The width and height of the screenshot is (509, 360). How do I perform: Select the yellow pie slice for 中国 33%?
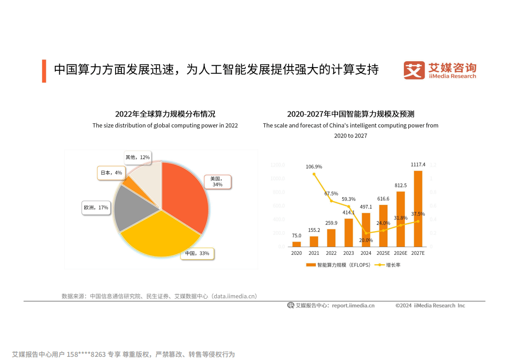click(x=159, y=236)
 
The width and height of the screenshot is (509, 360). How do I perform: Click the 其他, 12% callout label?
click(x=137, y=157)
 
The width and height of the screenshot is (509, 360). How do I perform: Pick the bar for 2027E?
click(x=418, y=209)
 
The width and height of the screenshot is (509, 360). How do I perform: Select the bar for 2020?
click(x=296, y=244)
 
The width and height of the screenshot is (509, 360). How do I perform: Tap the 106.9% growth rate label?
click(x=314, y=166)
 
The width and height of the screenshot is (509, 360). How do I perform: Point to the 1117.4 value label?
click(x=418, y=165)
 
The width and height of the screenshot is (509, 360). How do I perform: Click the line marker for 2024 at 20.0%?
click(x=366, y=233)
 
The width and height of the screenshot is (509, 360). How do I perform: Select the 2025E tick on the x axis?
click(x=383, y=253)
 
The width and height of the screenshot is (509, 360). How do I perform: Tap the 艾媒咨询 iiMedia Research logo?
click(x=440, y=71)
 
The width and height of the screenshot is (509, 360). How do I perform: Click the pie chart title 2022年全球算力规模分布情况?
click(x=165, y=114)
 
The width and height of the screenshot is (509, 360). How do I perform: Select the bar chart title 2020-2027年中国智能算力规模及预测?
click(x=350, y=114)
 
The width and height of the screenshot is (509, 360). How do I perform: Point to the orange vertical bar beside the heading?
click(x=44, y=71)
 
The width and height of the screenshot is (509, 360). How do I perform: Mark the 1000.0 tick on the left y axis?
click(x=278, y=179)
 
